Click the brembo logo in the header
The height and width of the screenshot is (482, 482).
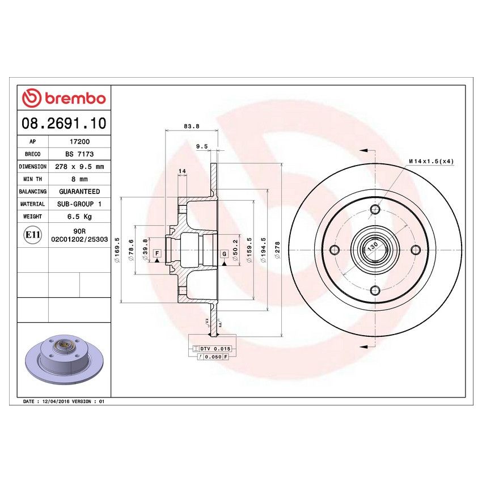64,98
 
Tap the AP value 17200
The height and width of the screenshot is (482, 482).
78,142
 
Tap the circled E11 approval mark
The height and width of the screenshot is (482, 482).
29,235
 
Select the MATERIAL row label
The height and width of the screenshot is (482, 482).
32,204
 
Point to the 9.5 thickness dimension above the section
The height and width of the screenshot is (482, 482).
201,146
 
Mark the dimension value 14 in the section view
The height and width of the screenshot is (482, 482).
182,171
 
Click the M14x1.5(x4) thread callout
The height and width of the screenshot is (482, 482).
431,162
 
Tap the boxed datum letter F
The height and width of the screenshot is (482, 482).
157,253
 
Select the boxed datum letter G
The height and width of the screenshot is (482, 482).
225,253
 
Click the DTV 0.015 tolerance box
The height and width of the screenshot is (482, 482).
210,348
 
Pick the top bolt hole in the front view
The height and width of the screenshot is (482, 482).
374,210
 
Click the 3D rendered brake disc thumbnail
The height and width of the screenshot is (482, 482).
64,359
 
